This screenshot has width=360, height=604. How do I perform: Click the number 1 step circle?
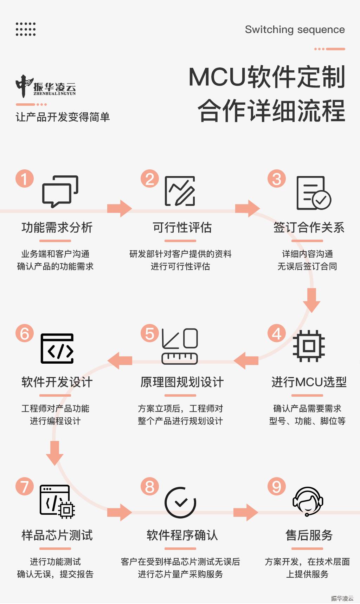pyautogui.click(x=25, y=178)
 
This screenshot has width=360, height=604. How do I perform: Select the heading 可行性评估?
pyautogui.click(x=182, y=227)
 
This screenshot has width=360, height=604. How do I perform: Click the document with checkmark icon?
pyautogui.click(x=314, y=193)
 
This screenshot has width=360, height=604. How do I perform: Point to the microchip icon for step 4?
pyautogui.click(x=309, y=346)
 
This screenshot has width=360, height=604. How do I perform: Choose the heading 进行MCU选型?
pyautogui.click(x=309, y=382)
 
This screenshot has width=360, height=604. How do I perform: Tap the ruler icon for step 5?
pyautogui.click(x=180, y=346)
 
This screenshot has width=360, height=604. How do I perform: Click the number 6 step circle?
pyautogui.click(x=25, y=333)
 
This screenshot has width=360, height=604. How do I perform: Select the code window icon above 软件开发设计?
pyautogui.click(x=57, y=349)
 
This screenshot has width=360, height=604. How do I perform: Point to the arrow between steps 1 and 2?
pyautogui.click(x=120, y=208)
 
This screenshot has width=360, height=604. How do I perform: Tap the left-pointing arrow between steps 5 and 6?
pyautogui.click(x=120, y=361)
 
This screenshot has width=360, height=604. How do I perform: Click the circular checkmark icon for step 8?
pyautogui.click(x=180, y=503)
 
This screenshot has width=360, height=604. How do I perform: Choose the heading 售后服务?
pyautogui.click(x=309, y=535)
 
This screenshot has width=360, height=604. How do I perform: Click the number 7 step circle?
pyautogui.click(x=25, y=486)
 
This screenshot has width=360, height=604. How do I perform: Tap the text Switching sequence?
pyautogui.click(x=295, y=30)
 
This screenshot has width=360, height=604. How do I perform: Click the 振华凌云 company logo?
pyautogui.click(x=46, y=86)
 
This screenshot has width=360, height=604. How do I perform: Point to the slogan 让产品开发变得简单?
pyautogui.click(x=63, y=117)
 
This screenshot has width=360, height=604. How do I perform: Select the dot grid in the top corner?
pyautogui.click(x=26, y=29)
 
